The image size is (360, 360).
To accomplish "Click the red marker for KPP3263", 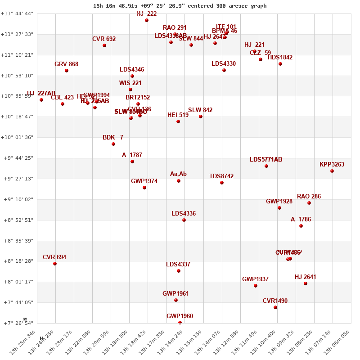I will pos(332,171).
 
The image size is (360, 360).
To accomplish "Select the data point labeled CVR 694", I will pos(55,264).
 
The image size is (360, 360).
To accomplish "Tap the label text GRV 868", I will pos(66,64).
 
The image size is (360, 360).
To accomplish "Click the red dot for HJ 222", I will pos(147,20).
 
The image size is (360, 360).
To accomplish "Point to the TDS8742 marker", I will pos(222,183).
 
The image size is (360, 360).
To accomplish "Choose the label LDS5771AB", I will pos(266,160).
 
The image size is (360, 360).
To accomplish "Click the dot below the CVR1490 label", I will pos(275,307).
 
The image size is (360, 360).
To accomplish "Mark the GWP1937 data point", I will pos(256,286).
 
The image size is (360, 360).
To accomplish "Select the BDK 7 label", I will pos(112,138).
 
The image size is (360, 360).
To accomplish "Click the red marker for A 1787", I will pos(132,162).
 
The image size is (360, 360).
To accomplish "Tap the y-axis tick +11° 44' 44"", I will pos(17,14).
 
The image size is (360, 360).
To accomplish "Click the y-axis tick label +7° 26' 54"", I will pos(17,323).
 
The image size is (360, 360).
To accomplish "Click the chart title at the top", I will pos(180,6).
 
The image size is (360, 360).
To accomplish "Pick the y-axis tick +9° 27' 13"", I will pos(17,179).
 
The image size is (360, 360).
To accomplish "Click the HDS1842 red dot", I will pos(280,64).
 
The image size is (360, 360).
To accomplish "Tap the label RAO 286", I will pos(309,197).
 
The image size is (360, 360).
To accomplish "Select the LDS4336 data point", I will pos(184,220).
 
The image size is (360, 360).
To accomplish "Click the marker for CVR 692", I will pos(104,45).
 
